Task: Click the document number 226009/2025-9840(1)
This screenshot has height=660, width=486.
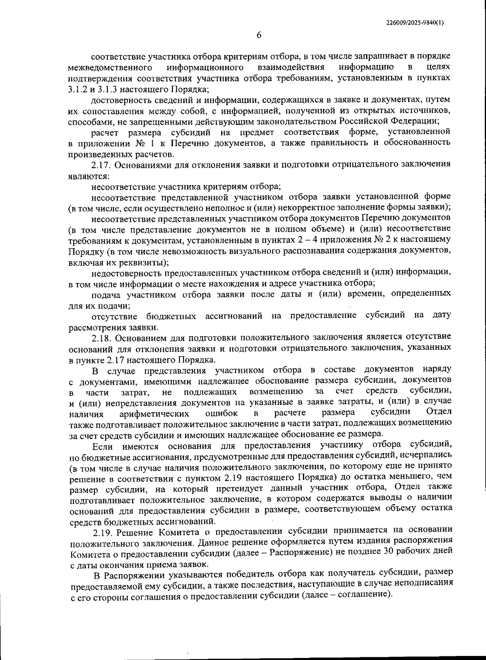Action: [415, 23]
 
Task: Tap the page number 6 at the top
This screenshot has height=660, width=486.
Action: [259, 35]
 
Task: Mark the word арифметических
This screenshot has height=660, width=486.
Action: [154, 414]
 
